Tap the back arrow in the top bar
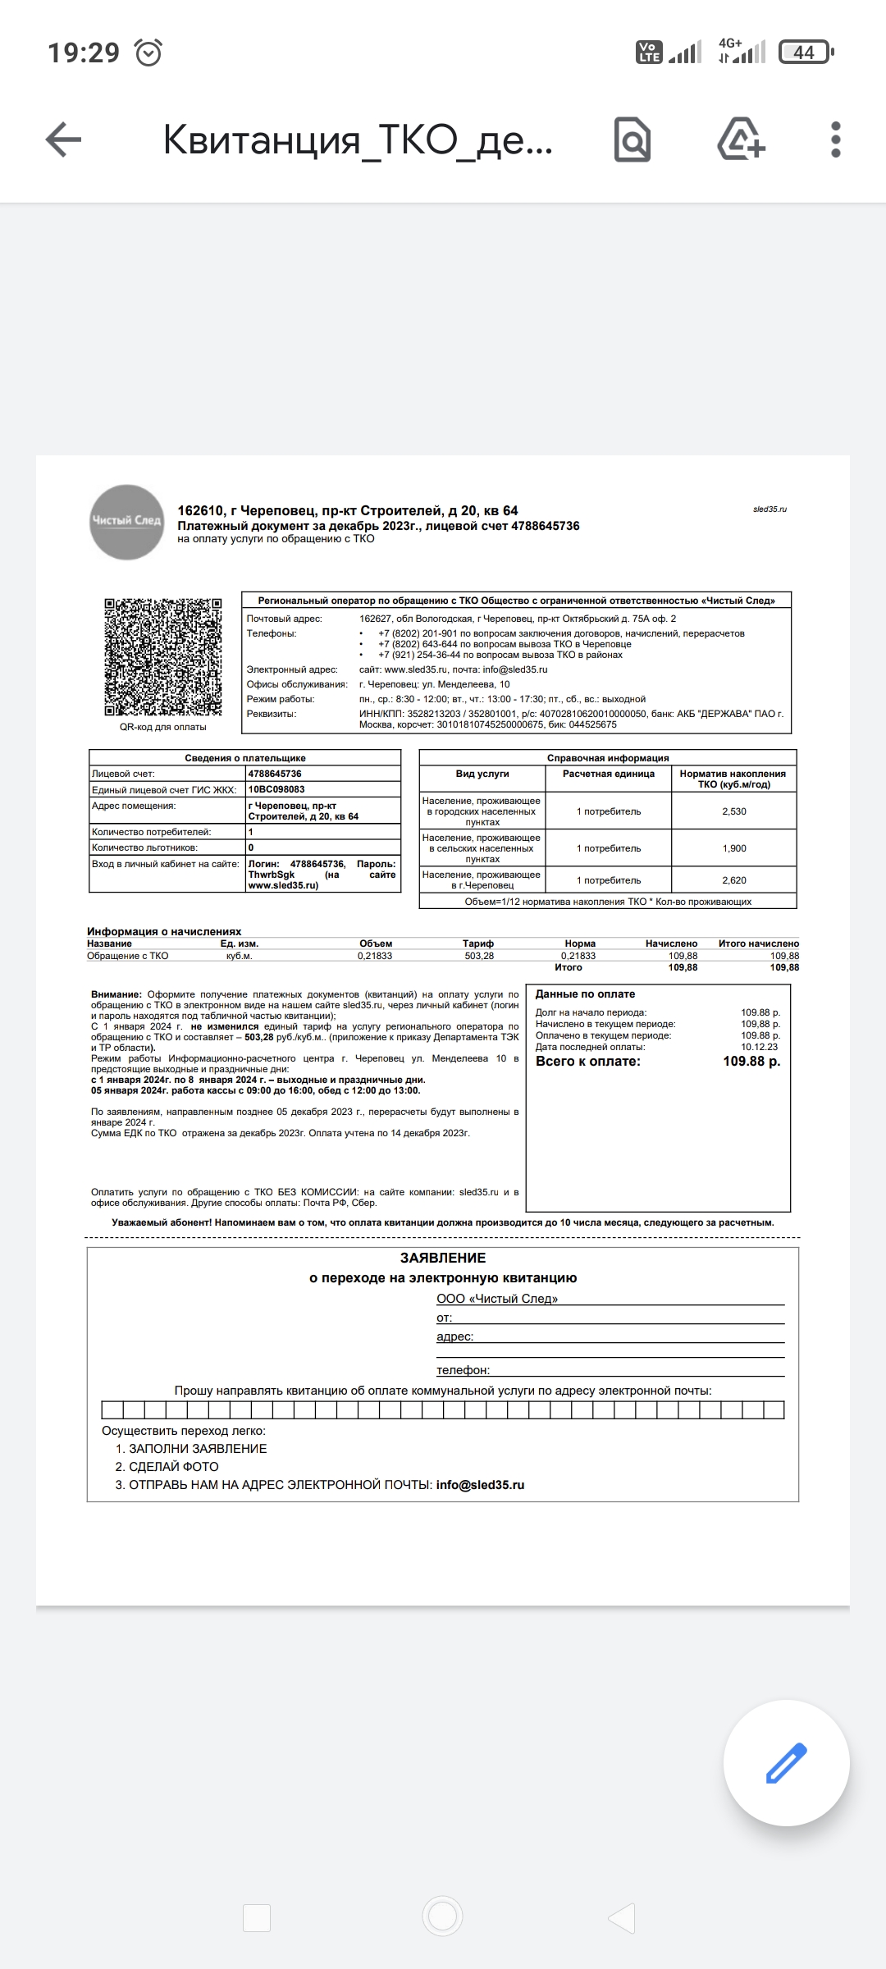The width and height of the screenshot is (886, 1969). tap(63, 139)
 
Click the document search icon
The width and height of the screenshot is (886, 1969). tap(633, 140)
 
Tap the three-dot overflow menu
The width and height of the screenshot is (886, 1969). tap(836, 139)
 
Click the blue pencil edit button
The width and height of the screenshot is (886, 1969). tap(786, 1763)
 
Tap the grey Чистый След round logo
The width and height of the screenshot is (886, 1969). tap(126, 522)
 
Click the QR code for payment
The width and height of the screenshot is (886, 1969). tap(163, 657)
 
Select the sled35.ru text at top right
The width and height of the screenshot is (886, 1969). tap(770, 509)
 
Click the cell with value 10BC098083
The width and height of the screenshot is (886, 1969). tap(276, 789)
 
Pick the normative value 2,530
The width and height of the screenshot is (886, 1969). tap(734, 811)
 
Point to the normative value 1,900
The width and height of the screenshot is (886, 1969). tap(734, 848)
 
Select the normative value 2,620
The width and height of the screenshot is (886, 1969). tap(734, 880)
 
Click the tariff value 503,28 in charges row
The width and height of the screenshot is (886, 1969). tap(478, 956)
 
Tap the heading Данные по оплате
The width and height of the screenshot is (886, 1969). tap(585, 994)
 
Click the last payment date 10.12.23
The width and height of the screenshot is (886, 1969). tap(760, 1047)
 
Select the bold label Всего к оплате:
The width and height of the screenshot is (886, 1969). tap(588, 1062)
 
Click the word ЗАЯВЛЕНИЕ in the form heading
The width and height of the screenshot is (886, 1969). tap(443, 1258)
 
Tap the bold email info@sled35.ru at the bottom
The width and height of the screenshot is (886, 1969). tap(480, 1485)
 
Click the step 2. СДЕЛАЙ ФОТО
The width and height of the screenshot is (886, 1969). tap(167, 1467)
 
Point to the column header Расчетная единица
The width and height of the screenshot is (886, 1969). tap(609, 774)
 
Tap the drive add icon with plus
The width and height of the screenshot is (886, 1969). tap(741, 139)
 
